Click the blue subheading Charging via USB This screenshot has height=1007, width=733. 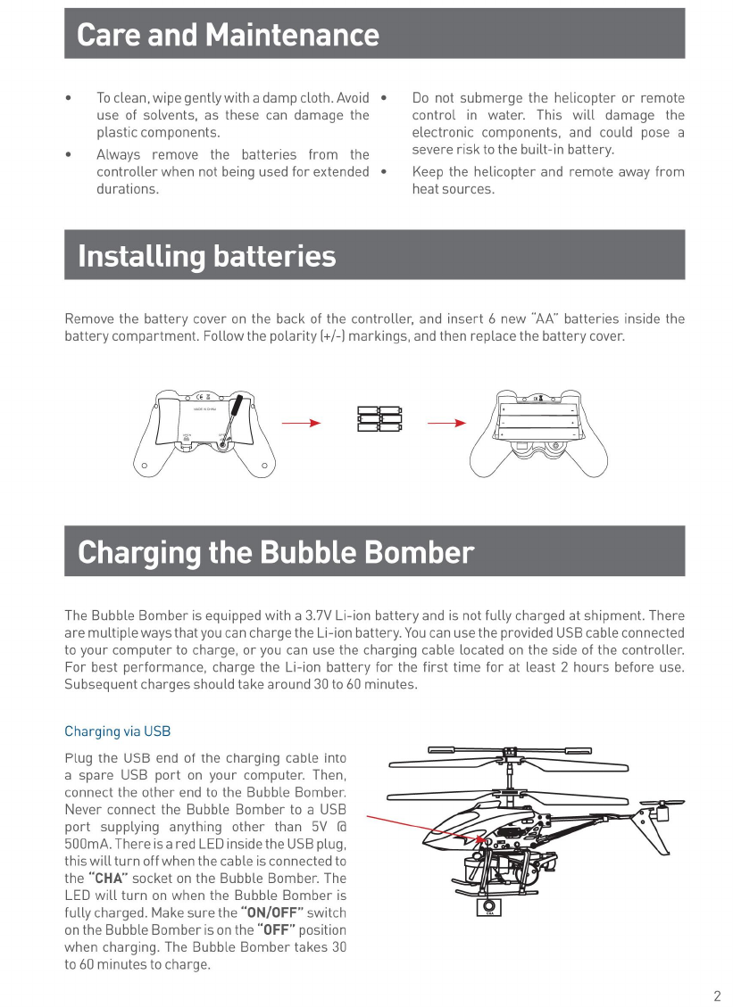(x=117, y=731)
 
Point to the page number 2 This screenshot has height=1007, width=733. (x=717, y=996)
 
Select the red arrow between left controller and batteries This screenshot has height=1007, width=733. (x=301, y=423)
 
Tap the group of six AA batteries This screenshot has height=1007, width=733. (x=379, y=419)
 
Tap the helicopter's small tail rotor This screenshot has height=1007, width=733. (x=661, y=810)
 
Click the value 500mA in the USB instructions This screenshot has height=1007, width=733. (x=88, y=844)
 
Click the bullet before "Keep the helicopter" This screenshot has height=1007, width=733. (x=383, y=170)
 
